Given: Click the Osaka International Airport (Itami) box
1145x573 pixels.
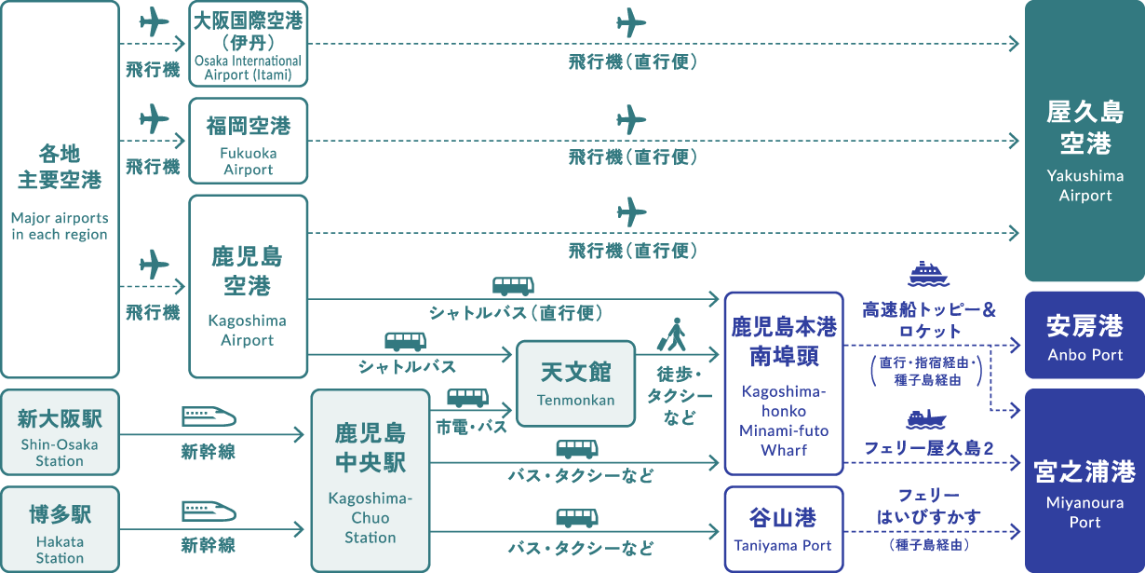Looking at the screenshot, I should (248, 44).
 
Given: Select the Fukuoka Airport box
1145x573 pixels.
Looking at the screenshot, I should (248, 141).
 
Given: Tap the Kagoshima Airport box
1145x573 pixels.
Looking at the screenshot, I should (248, 286).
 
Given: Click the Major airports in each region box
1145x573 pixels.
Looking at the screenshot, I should (61, 189).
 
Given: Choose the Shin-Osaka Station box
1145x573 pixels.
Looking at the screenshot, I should (61, 432).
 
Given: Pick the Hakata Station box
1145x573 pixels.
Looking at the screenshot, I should (61, 529).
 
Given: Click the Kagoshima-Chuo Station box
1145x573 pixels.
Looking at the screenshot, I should (370, 480).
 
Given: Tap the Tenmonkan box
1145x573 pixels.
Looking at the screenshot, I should (576, 383).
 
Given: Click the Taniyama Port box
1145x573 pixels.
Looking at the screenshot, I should (784, 528).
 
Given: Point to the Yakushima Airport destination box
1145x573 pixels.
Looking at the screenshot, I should (1084, 141).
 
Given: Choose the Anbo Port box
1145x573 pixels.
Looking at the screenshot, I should (1084, 335).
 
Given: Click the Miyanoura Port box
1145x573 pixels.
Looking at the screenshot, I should (1084, 481).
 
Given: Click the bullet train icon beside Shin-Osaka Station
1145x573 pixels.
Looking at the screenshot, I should (208, 416).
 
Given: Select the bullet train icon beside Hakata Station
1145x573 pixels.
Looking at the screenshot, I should (208, 512).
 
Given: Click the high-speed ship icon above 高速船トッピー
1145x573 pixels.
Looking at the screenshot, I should (929, 274).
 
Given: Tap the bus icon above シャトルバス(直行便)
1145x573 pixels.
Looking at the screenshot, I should (513, 285).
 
